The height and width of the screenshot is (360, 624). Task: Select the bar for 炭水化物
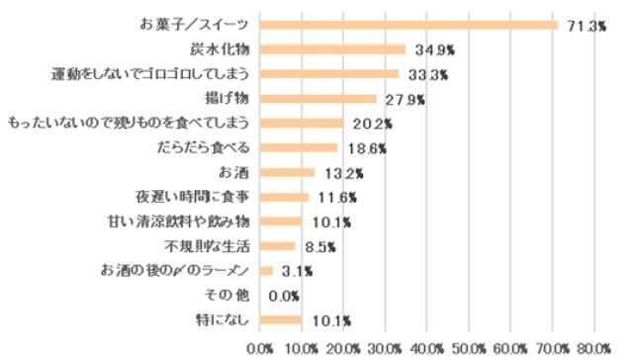[x=332, y=49]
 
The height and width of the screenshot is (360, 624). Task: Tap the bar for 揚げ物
[x=317, y=99]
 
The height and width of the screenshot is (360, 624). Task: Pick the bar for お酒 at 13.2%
[x=287, y=172]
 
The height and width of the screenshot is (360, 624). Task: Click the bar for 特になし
[x=281, y=319]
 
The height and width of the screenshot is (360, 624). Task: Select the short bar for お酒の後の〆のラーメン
[x=266, y=270]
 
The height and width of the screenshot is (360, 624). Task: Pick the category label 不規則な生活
[x=207, y=245]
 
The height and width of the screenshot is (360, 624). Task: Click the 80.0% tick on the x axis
[x=593, y=347]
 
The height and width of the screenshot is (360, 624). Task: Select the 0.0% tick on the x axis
[x=260, y=347]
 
